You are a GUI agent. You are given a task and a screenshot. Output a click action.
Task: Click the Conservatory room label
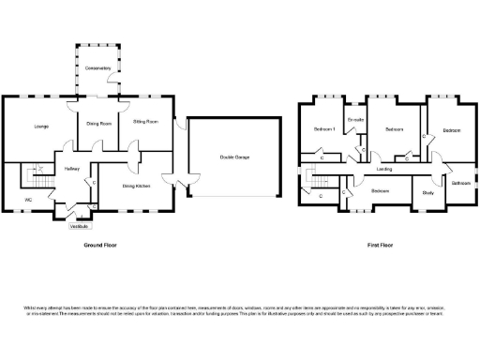pos(98,68)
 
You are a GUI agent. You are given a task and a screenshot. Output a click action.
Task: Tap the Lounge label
pos(42,126)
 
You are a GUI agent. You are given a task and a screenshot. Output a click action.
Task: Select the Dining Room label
pos(100,124)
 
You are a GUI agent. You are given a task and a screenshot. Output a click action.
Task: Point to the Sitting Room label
pos(144,122)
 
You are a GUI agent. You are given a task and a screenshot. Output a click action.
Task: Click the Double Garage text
pos(234,157)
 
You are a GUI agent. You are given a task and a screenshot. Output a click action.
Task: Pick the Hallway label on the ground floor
pos(72,169)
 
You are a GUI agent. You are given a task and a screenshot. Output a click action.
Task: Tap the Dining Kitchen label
pos(137,186)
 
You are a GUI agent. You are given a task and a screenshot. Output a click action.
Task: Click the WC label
pos(29,200)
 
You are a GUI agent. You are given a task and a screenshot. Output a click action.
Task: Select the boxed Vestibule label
pos(82,227)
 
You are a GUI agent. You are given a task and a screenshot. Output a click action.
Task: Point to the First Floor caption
pos(380,245)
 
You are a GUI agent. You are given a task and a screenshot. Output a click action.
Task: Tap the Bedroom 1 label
pos(324,130)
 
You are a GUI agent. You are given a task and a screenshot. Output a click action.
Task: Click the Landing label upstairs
pos(384,169)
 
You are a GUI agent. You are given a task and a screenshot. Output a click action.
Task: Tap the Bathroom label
pos(460,183)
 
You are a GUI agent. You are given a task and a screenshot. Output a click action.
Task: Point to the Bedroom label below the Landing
pos(380,191)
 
